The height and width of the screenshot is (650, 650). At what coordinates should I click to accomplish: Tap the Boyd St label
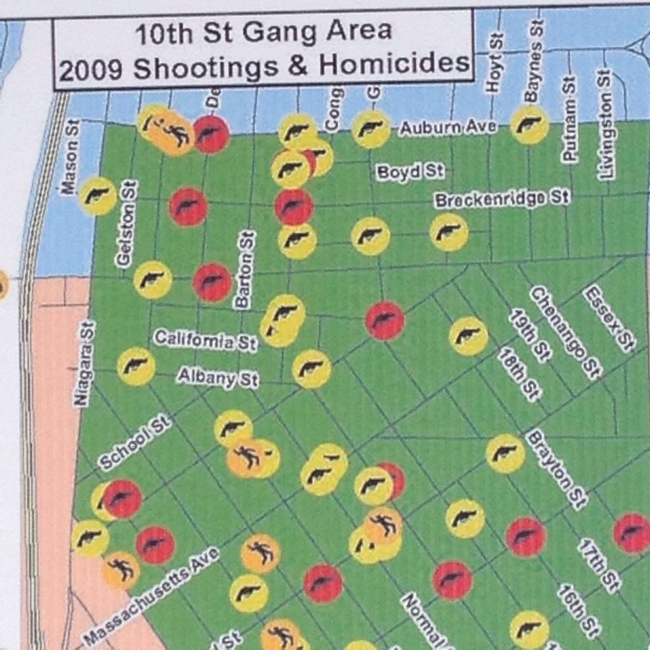click(409, 172)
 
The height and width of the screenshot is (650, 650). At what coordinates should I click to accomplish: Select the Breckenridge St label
click(501, 199)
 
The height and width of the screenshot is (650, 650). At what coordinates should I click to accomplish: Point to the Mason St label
click(70, 156)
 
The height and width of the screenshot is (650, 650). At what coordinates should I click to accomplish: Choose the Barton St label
click(246, 269)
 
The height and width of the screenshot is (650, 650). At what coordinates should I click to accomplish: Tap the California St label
click(205, 341)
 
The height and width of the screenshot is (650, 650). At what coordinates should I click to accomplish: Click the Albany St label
click(217, 378)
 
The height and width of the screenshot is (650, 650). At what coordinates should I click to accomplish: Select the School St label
click(135, 442)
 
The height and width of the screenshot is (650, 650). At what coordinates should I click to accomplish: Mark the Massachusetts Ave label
click(151, 595)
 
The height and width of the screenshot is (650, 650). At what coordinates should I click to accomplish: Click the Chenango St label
click(565, 332)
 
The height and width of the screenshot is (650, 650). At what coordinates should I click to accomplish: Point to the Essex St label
click(609, 318)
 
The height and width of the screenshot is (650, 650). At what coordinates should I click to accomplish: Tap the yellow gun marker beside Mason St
click(98, 196)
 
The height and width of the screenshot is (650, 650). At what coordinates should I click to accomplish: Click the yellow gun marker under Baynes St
click(529, 124)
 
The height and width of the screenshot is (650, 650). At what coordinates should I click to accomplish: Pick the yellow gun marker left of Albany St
click(136, 366)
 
